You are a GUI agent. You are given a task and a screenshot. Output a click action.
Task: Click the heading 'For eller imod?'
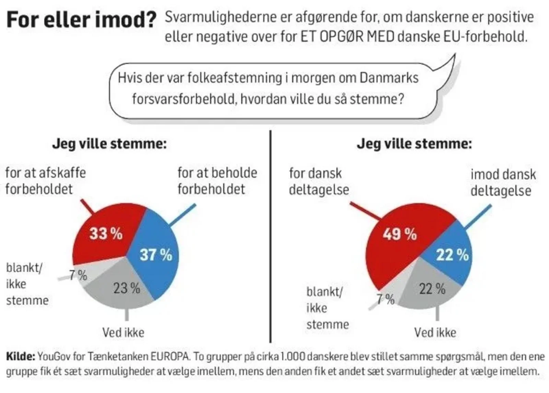tap(81, 20)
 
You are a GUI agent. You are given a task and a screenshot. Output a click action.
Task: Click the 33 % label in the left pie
tap(106, 234)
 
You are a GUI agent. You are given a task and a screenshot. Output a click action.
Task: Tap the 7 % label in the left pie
tap(78, 275)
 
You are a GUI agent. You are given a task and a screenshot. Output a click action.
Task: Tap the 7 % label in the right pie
tap(386, 299)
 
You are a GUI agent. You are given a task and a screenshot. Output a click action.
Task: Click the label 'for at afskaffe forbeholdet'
tap(45, 181)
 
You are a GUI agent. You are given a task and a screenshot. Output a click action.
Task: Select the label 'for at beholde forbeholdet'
tap(217, 181)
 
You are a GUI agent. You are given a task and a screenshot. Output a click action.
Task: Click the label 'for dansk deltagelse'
tap(318, 182)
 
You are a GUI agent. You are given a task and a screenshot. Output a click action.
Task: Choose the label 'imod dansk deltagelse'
tap(503, 183)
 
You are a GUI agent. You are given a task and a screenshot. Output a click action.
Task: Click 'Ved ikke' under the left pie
tap(123, 332)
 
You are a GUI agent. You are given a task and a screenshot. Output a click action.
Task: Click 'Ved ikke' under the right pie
tap(435, 332)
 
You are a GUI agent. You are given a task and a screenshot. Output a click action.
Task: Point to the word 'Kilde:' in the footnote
tap(21, 357)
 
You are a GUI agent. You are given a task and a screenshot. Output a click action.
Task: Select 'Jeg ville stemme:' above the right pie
tap(414, 144)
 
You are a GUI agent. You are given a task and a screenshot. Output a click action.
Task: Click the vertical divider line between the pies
tap(270, 236)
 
